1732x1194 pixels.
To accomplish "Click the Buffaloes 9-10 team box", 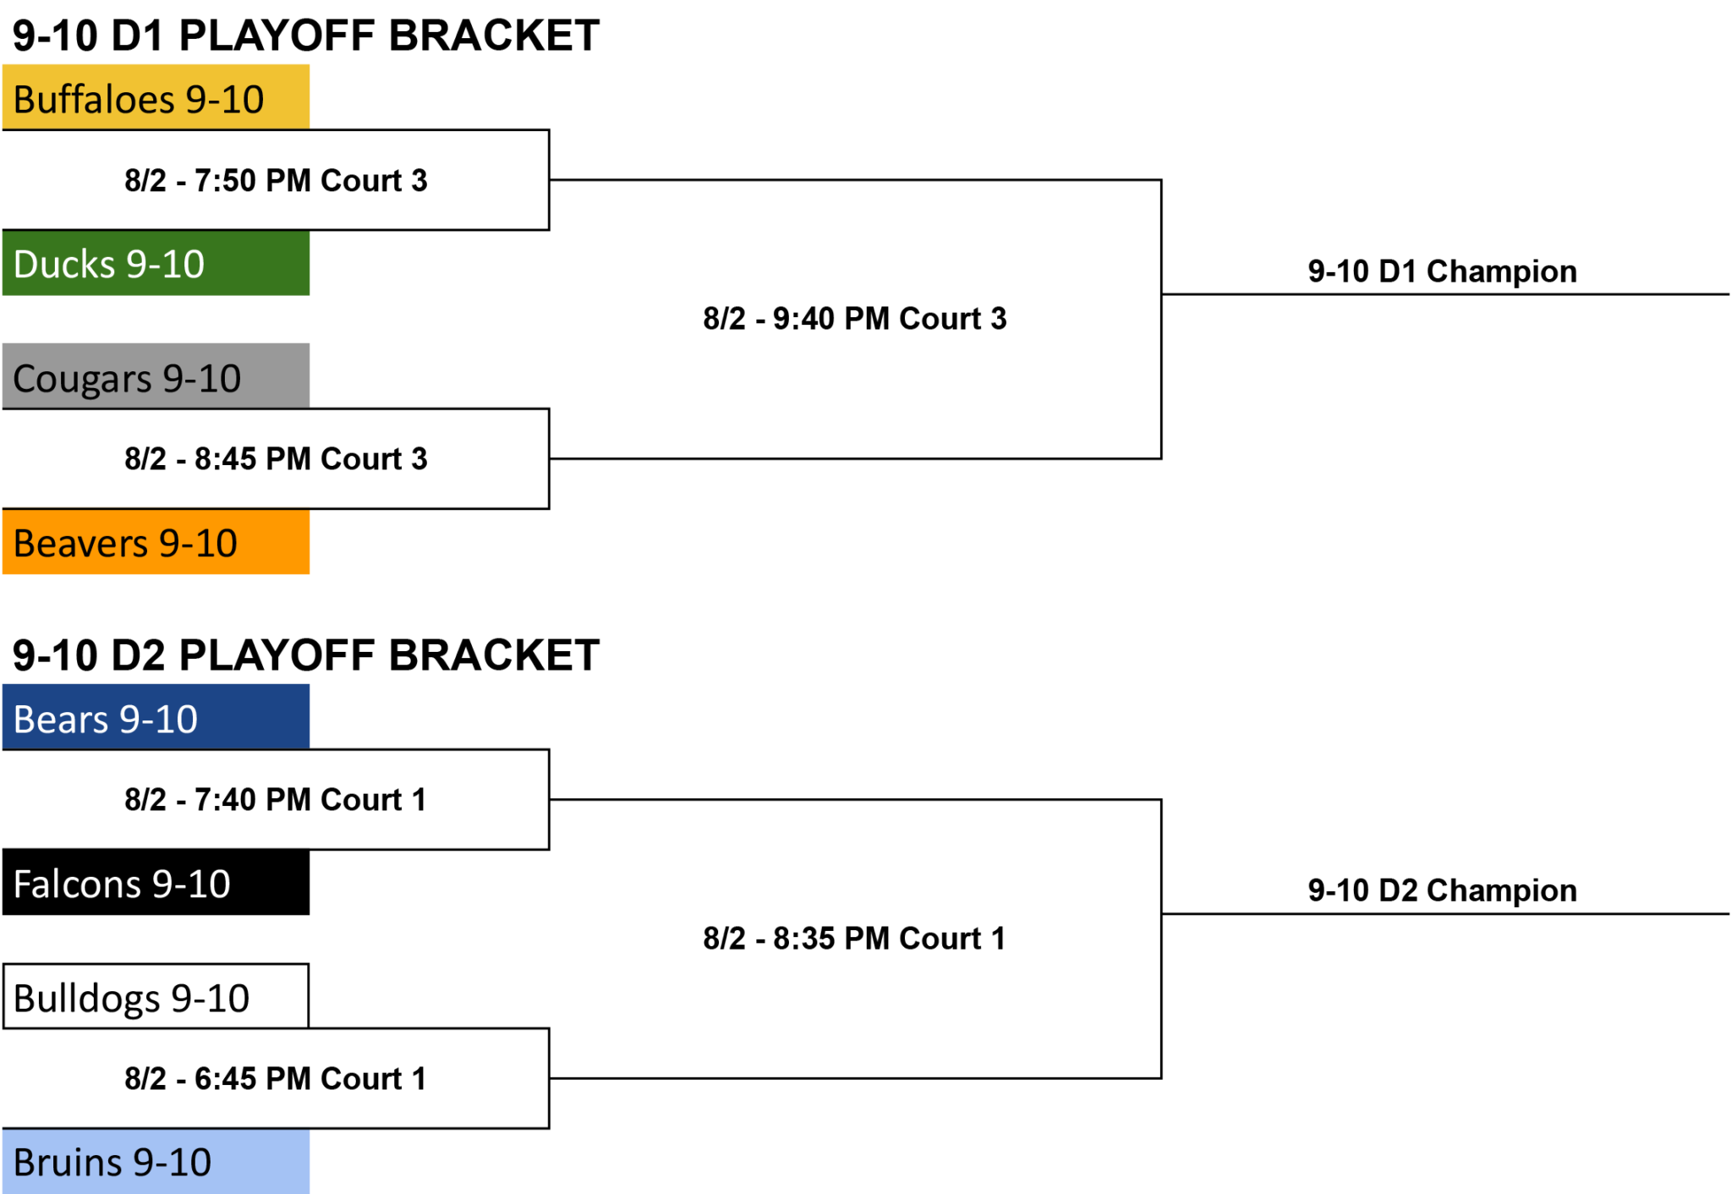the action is click(156, 97).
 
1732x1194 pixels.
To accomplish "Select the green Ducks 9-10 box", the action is click(156, 263).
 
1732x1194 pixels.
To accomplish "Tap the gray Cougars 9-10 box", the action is click(156, 376).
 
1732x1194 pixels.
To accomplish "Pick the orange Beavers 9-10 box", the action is click(156, 541).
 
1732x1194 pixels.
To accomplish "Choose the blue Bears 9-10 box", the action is click(156, 717).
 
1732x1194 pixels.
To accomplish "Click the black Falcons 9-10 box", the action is click(156, 883).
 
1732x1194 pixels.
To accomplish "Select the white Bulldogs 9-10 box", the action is click(156, 996).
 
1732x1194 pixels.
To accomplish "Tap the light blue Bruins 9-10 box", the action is click(156, 1161).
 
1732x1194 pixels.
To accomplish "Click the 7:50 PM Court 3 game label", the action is click(276, 180).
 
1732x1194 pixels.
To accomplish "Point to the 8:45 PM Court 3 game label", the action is click(276, 458).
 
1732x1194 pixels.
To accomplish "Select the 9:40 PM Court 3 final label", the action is click(855, 319).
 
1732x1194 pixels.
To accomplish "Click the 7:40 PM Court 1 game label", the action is click(276, 799).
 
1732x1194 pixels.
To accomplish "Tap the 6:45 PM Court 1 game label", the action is click(276, 1078).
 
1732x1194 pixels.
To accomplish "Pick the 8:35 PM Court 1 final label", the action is click(854, 938).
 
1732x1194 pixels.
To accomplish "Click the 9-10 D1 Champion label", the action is click(1442, 271).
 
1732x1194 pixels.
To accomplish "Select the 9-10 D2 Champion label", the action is click(1442, 890).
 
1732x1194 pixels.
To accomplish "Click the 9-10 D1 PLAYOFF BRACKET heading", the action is click(306, 36).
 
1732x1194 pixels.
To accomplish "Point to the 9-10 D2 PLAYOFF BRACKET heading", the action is click(306, 655).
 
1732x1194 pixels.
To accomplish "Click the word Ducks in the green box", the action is click(64, 264).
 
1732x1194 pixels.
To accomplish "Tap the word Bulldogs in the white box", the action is click(87, 999).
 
